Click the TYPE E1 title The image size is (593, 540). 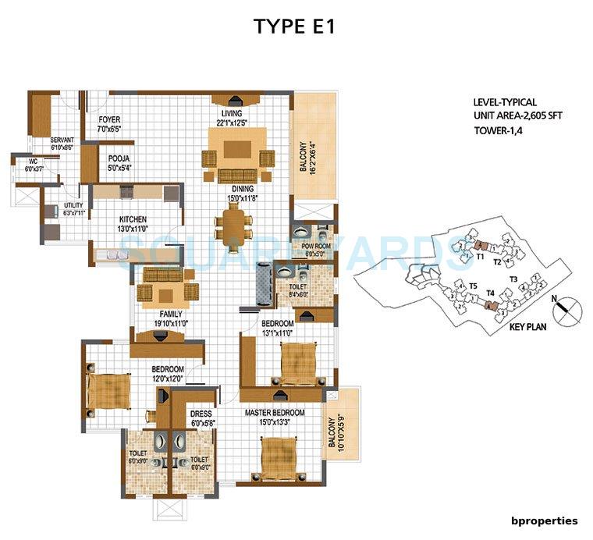coord(296,26)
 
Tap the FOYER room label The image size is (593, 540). coord(108,120)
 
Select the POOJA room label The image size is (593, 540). coord(119,158)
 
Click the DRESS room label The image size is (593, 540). coord(202,415)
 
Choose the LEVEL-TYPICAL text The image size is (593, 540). coord(504,102)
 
